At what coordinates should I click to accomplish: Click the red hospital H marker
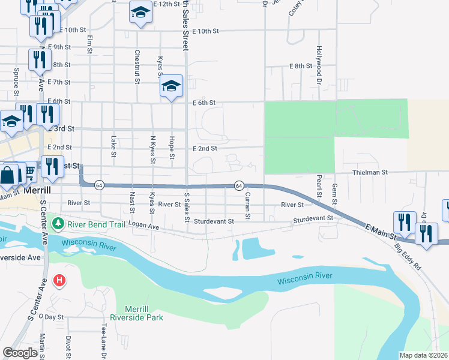coord(59,280)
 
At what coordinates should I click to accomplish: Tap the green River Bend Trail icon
coord(58,224)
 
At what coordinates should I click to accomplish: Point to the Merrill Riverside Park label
coord(137,312)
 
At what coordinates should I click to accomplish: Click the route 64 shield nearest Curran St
coord(238,185)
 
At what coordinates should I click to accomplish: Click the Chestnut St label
coord(137,66)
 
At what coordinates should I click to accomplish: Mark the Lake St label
coord(113,146)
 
